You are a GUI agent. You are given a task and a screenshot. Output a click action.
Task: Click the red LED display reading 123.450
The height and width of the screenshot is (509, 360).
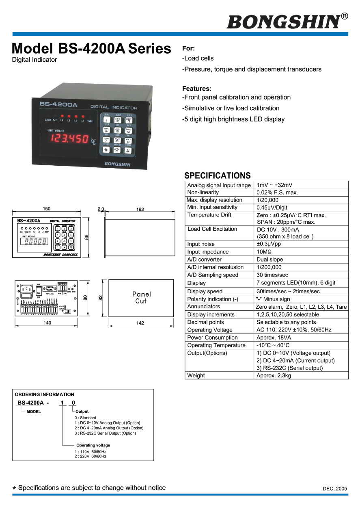(x=69, y=139)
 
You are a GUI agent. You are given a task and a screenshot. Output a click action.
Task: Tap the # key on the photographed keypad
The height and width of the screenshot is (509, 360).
(x=127, y=150)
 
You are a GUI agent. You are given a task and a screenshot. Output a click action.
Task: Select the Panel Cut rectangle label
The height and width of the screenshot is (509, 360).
(x=141, y=297)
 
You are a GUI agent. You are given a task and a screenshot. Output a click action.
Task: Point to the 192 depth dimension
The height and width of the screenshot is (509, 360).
(x=140, y=209)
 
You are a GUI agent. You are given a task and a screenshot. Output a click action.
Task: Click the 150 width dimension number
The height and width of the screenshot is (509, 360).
(x=47, y=209)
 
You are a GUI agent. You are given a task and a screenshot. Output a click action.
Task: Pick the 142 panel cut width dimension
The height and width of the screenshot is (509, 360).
(x=140, y=323)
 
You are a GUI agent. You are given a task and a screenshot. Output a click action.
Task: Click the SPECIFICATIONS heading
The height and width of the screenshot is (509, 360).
(x=217, y=175)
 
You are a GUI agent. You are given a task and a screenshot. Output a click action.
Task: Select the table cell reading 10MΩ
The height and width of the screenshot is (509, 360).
(x=264, y=252)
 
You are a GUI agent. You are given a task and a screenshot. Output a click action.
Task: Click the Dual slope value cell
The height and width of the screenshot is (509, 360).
(x=270, y=260)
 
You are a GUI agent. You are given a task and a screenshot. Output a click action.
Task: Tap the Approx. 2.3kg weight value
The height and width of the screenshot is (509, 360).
(x=274, y=376)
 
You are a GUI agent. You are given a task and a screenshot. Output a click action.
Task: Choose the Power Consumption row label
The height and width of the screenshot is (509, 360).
(x=212, y=338)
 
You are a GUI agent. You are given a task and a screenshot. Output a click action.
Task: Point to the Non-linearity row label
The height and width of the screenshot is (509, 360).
(x=203, y=193)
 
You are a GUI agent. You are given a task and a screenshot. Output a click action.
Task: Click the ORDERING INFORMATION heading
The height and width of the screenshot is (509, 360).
(x=44, y=394)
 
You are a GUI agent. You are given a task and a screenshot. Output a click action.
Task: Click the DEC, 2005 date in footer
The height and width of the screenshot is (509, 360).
(x=335, y=489)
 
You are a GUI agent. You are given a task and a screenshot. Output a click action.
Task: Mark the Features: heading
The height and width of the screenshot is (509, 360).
(x=197, y=89)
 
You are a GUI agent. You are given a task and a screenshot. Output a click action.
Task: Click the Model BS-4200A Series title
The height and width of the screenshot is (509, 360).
(x=91, y=49)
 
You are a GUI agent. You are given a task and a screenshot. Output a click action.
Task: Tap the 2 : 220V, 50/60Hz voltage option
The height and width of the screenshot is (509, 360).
(x=90, y=456)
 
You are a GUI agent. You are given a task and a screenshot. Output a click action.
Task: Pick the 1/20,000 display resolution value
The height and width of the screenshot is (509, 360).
(x=267, y=200)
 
